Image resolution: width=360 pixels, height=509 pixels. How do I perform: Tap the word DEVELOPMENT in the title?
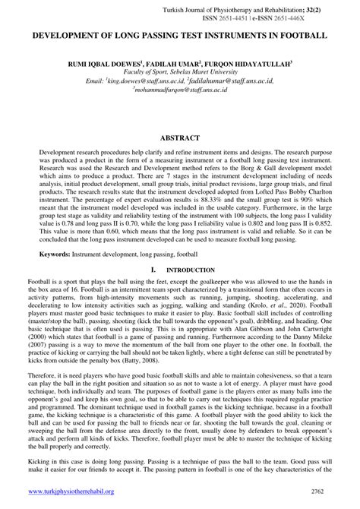tap(69, 35)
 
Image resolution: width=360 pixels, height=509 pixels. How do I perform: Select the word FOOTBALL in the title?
tap(298, 35)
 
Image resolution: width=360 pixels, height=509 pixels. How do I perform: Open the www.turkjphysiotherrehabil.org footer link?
tap(73, 492)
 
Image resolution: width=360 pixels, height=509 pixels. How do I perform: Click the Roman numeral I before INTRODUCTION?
tap(153, 270)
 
